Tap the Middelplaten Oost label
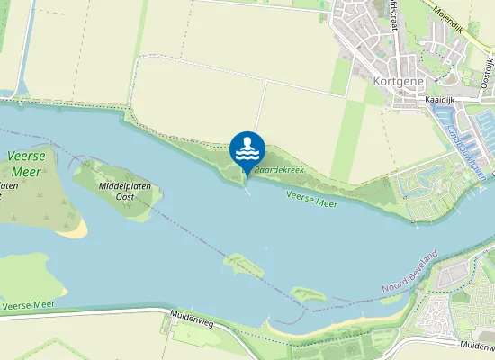point(125,191)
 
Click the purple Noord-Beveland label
point(409,272)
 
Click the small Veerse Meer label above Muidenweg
point(28,306)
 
